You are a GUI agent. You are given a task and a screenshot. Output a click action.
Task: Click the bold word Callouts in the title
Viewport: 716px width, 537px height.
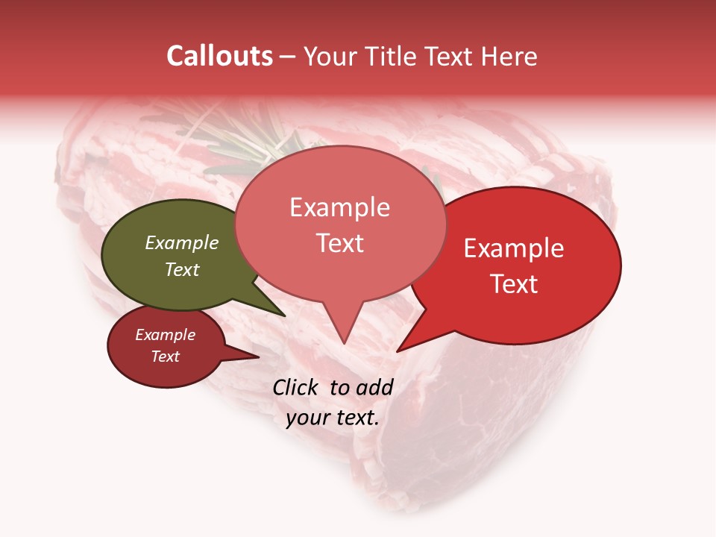pyautogui.click(x=219, y=56)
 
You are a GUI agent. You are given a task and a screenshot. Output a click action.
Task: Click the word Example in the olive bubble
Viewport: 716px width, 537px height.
pyautogui.click(x=182, y=242)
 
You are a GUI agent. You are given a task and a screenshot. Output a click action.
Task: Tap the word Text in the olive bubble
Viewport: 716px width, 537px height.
pyautogui.click(x=182, y=269)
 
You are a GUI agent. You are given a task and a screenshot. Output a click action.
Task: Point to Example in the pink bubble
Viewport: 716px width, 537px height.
pyautogui.click(x=340, y=207)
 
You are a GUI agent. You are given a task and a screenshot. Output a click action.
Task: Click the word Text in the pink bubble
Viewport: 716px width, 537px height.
pyautogui.click(x=340, y=243)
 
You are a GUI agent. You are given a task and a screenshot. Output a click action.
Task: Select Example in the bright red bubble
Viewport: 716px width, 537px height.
pyautogui.click(x=514, y=248)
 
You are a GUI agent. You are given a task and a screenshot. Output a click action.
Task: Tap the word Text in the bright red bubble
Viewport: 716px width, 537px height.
pyautogui.click(x=514, y=284)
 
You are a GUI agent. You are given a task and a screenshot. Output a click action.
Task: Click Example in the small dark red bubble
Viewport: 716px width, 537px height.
pyautogui.click(x=166, y=335)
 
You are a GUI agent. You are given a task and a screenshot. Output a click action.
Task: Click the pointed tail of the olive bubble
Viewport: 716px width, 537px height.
pyautogui.click(x=284, y=315)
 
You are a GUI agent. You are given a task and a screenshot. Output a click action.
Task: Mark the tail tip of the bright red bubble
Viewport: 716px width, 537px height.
pyautogui.click(x=398, y=351)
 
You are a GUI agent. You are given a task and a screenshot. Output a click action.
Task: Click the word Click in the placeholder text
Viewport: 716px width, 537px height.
pyautogui.click(x=298, y=387)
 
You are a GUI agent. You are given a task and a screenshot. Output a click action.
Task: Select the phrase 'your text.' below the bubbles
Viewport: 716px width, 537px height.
pyautogui.click(x=333, y=418)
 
